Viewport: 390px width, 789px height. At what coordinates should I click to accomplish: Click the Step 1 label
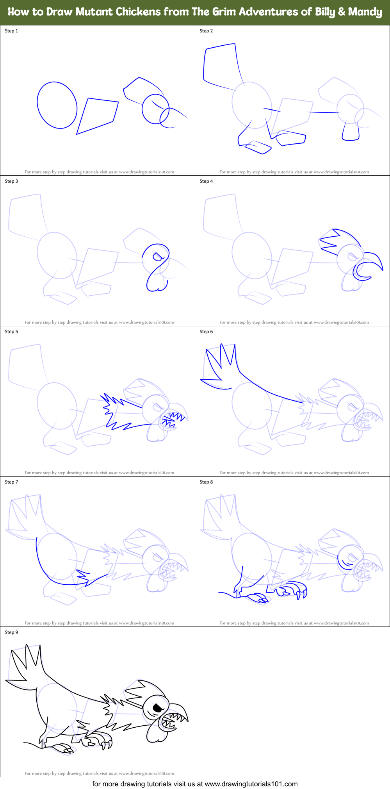(x=11, y=31)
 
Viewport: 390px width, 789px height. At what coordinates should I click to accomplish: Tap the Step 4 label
(x=206, y=181)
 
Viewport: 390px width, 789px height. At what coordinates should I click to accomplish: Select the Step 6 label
(x=206, y=332)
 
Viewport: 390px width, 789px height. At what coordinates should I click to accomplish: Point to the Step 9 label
(x=11, y=632)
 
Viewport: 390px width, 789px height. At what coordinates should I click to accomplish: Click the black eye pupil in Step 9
(x=157, y=707)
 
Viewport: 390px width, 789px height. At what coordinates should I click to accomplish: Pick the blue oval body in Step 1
(x=57, y=105)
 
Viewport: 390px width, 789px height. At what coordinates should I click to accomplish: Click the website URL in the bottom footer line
(x=251, y=784)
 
